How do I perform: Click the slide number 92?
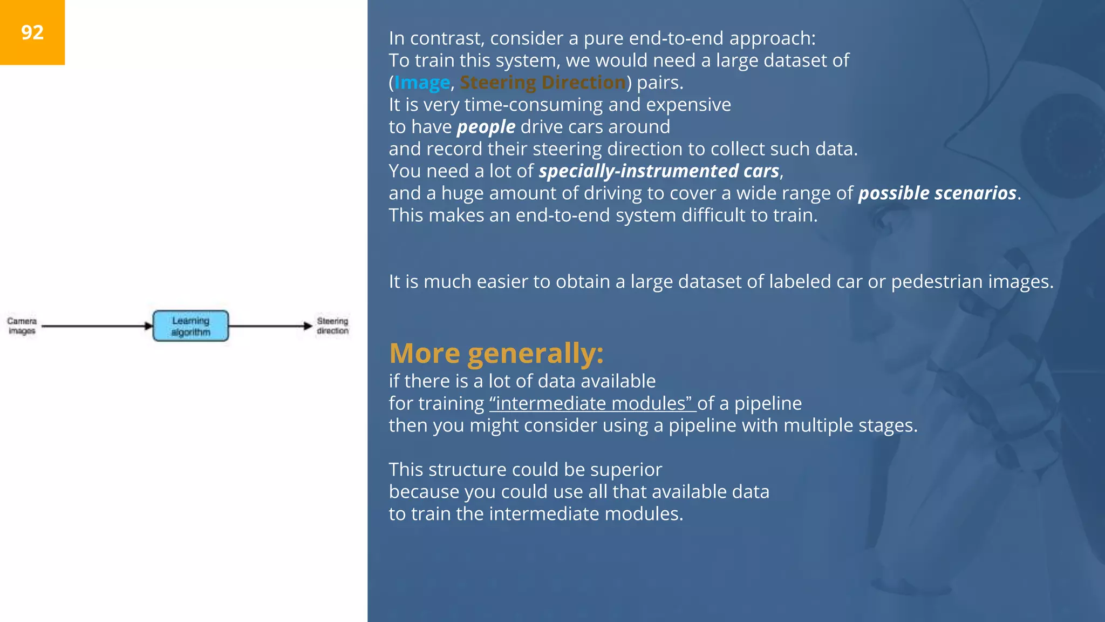[x=32, y=32]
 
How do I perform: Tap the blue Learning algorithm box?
[x=190, y=326]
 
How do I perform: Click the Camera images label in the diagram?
[x=22, y=326]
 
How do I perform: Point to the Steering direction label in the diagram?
[x=332, y=326]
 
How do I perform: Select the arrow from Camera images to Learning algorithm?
[x=97, y=326]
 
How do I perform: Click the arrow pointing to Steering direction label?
[x=270, y=326]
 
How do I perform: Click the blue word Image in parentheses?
[x=422, y=83]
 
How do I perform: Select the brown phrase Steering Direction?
[x=542, y=83]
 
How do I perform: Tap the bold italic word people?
[x=486, y=127]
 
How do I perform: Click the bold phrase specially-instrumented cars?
[x=659, y=171]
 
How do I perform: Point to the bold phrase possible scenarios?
[x=937, y=193]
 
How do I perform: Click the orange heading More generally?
[x=496, y=354]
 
